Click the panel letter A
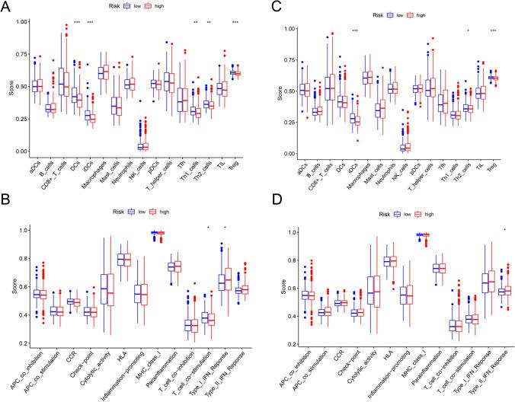tap(7, 7)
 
